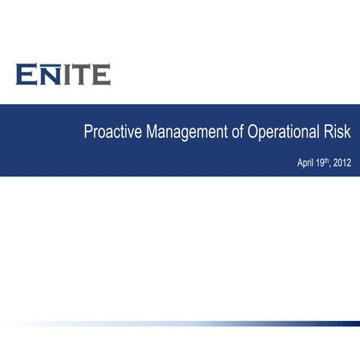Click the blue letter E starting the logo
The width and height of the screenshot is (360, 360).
tap(26, 75)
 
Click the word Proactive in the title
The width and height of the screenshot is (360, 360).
tap(112, 135)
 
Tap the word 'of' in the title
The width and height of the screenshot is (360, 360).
tap(236, 135)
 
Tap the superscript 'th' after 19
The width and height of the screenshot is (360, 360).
tap(326, 160)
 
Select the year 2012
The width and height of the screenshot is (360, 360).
tap(341, 163)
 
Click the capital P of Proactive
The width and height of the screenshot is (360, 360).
tap(88, 135)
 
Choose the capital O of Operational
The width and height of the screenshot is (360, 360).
tap(253, 135)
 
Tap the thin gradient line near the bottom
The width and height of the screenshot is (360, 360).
tap(225, 324)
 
